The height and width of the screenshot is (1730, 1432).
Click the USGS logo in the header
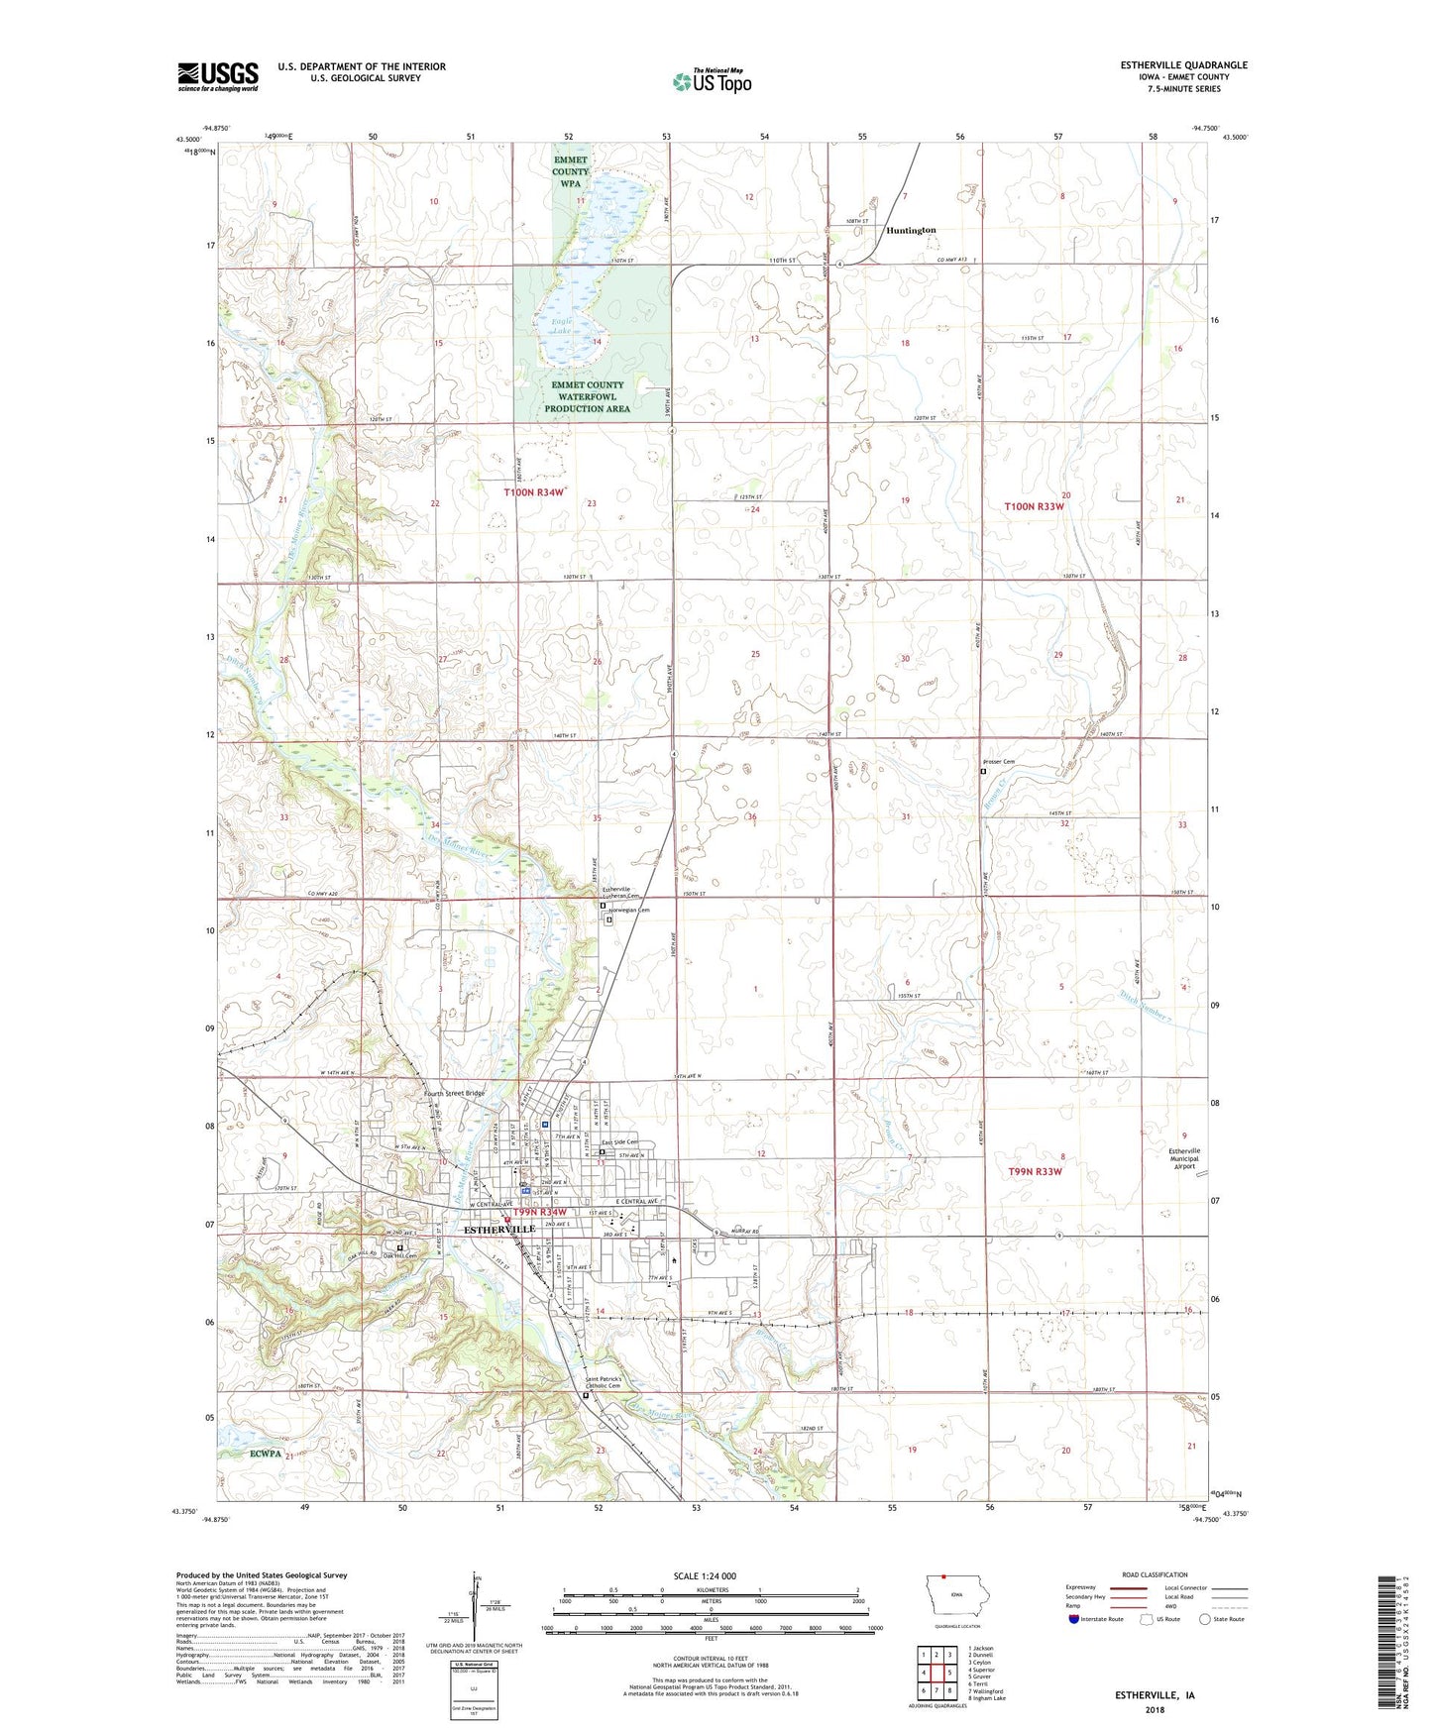tap(218, 75)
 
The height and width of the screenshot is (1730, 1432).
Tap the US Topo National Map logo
tap(712, 81)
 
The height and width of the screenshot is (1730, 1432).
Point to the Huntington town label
tap(911, 230)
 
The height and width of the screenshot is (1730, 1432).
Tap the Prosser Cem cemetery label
tap(998, 762)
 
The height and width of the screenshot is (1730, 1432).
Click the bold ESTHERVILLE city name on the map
tap(499, 1229)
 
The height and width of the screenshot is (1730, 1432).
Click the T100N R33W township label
tap(1035, 506)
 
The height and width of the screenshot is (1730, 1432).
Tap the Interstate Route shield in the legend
tap(1075, 1619)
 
